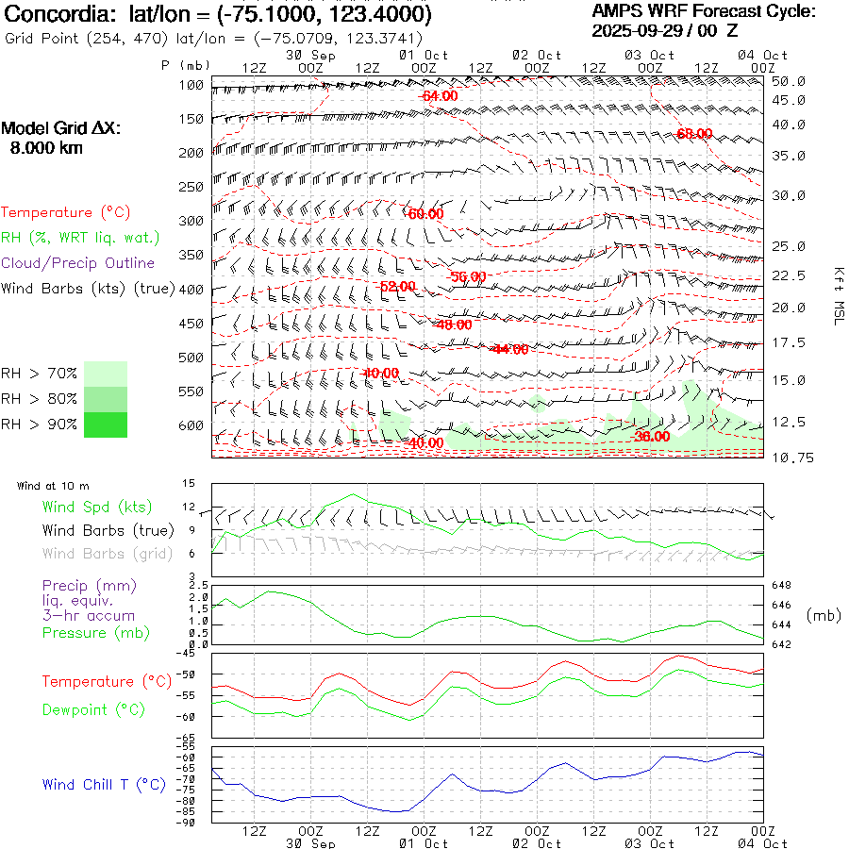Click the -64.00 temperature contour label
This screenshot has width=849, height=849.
(439, 96)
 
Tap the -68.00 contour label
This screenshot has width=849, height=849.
(693, 135)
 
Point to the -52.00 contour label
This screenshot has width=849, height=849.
(395, 286)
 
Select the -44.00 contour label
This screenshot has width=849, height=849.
(510, 349)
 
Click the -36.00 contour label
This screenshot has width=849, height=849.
(652, 437)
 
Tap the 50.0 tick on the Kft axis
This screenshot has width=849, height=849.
(788, 82)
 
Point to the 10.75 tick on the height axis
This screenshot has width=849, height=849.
(788, 458)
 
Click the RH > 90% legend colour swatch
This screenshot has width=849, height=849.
(106, 424)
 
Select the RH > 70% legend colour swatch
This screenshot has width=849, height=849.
(106, 374)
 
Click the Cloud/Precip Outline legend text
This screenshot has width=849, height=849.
(77, 263)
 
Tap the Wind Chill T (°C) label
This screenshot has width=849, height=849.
(103, 784)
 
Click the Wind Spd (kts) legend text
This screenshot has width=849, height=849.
(96, 507)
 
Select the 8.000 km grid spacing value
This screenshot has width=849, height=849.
(46, 148)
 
